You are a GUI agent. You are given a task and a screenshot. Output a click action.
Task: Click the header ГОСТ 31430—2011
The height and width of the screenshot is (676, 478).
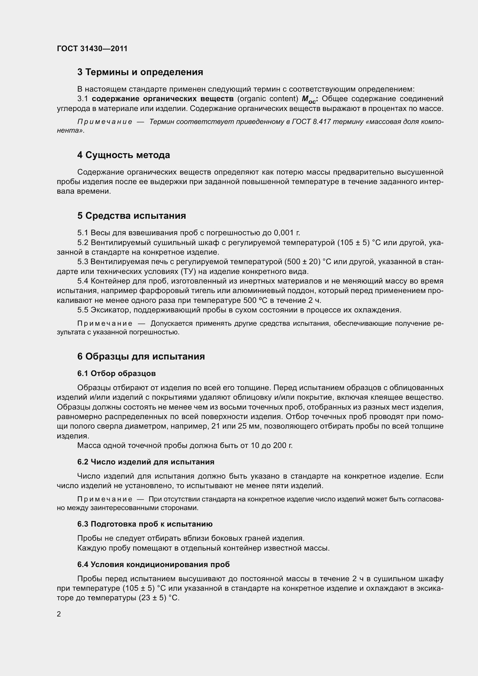click(92, 49)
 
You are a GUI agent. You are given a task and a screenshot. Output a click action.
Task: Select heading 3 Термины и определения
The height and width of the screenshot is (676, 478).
click(140, 72)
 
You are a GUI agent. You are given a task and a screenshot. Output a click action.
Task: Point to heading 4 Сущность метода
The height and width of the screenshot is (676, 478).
click(124, 155)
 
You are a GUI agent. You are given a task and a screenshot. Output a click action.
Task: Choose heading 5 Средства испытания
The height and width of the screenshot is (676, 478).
click(131, 216)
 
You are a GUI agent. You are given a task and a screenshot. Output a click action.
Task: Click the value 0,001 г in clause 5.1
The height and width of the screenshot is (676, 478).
click(287, 233)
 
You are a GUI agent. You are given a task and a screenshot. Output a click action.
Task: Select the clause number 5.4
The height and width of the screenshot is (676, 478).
click(83, 281)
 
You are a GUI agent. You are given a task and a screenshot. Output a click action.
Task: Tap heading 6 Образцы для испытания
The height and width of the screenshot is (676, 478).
click(141, 357)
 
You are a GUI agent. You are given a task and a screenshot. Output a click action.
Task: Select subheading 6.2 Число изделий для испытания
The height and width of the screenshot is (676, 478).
click(146, 462)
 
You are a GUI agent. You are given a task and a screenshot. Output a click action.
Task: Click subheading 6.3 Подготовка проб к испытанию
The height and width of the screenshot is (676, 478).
click(145, 524)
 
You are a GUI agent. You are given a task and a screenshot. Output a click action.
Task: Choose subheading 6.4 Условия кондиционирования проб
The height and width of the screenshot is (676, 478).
click(153, 564)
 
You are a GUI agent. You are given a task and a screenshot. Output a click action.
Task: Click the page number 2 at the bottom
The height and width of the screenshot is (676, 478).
click(59, 614)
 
